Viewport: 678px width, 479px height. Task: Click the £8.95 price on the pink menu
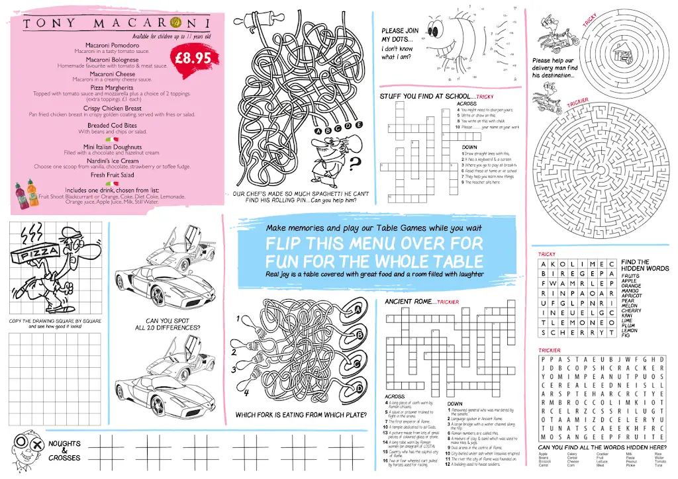pos(193,59)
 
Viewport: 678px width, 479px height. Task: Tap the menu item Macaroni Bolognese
pos(112,60)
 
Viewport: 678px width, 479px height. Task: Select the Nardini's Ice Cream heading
pos(112,161)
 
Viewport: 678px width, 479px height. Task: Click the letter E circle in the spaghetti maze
pos(359,124)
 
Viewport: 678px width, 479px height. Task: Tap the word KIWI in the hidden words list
pos(627,316)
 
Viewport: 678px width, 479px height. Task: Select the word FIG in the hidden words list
pos(626,336)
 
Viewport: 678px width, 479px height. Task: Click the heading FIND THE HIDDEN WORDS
pos(644,265)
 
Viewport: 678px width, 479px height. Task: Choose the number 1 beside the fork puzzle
pos(236,320)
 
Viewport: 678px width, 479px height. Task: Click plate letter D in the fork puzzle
pos(358,388)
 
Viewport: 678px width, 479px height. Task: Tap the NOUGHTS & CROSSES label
pos(64,451)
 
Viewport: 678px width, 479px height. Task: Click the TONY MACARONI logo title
pos(116,24)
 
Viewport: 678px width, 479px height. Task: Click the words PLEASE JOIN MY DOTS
pos(400,35)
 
